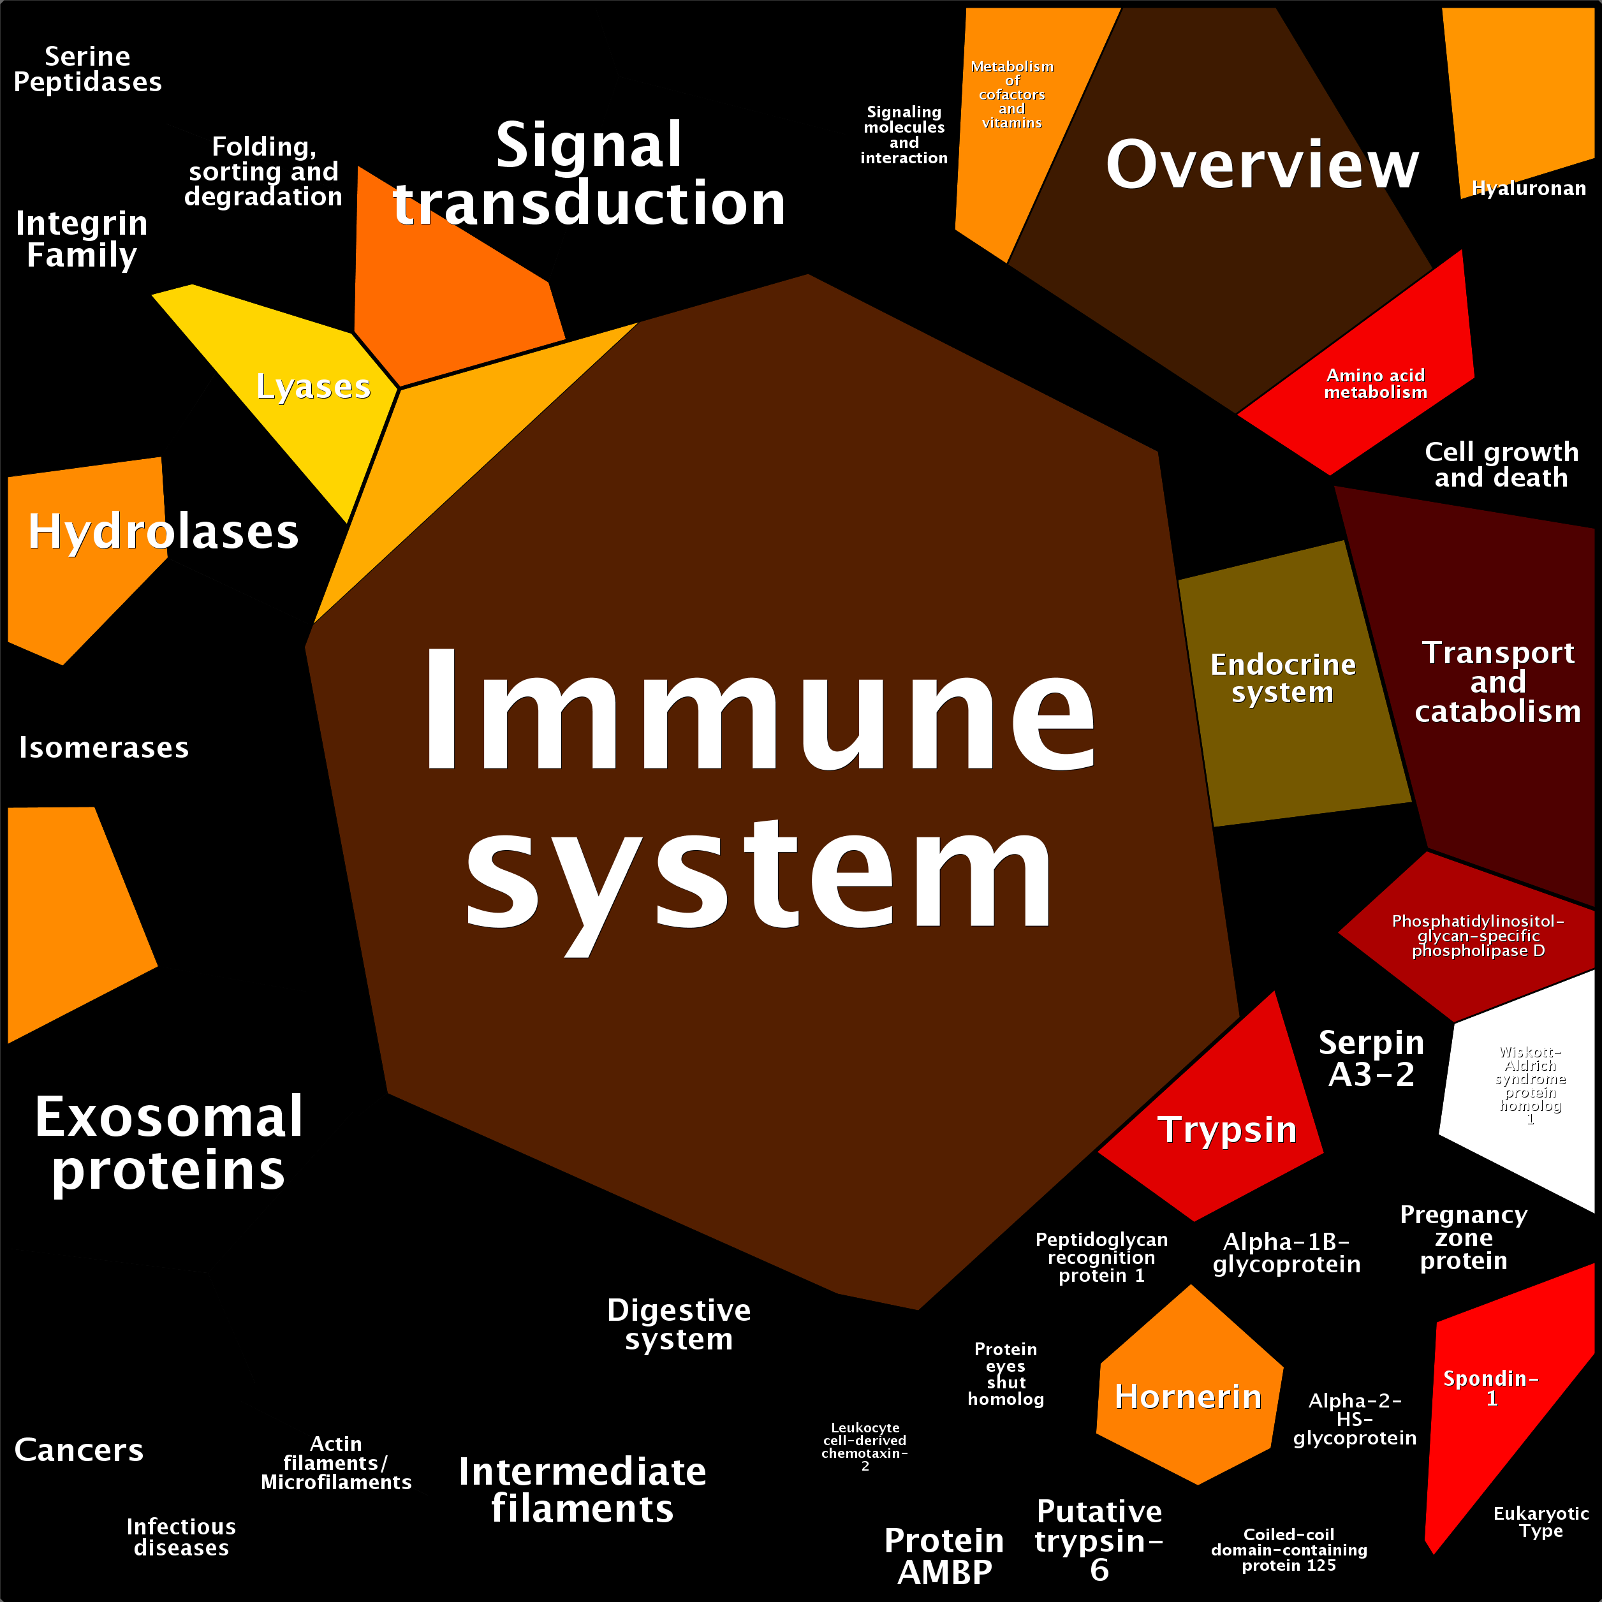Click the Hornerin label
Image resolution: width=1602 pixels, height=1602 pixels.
(1187, 1397)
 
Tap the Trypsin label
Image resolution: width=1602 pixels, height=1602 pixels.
(1227, 1129)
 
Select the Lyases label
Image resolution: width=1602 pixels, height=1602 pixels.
(312, 386)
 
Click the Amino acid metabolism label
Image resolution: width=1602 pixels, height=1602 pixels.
(1376, 384)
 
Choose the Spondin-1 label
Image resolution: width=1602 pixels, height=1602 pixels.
(1491, 1388)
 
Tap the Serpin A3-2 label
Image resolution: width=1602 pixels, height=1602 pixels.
(1372, 1058)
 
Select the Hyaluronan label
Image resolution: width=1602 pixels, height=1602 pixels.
(1528, 188)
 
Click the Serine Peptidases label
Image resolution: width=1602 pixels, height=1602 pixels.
(88, 69)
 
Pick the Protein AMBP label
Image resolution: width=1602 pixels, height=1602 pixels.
(944, 1555)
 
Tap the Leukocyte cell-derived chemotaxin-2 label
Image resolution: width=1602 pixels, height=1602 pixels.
(865, 1446)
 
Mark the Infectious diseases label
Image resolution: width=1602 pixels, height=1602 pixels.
(180, 1536)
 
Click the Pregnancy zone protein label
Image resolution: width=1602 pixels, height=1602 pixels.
(1464, 1237)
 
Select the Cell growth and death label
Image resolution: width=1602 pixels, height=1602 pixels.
(1501, 464)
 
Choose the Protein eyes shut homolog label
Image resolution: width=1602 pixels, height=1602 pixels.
(1005, 1374)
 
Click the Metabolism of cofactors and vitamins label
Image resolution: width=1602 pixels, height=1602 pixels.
(1011, 94)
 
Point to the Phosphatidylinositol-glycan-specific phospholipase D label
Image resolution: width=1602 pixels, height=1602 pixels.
(1478, 936)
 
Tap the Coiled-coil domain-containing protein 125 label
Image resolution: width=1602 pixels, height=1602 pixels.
(1289, 1550)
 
